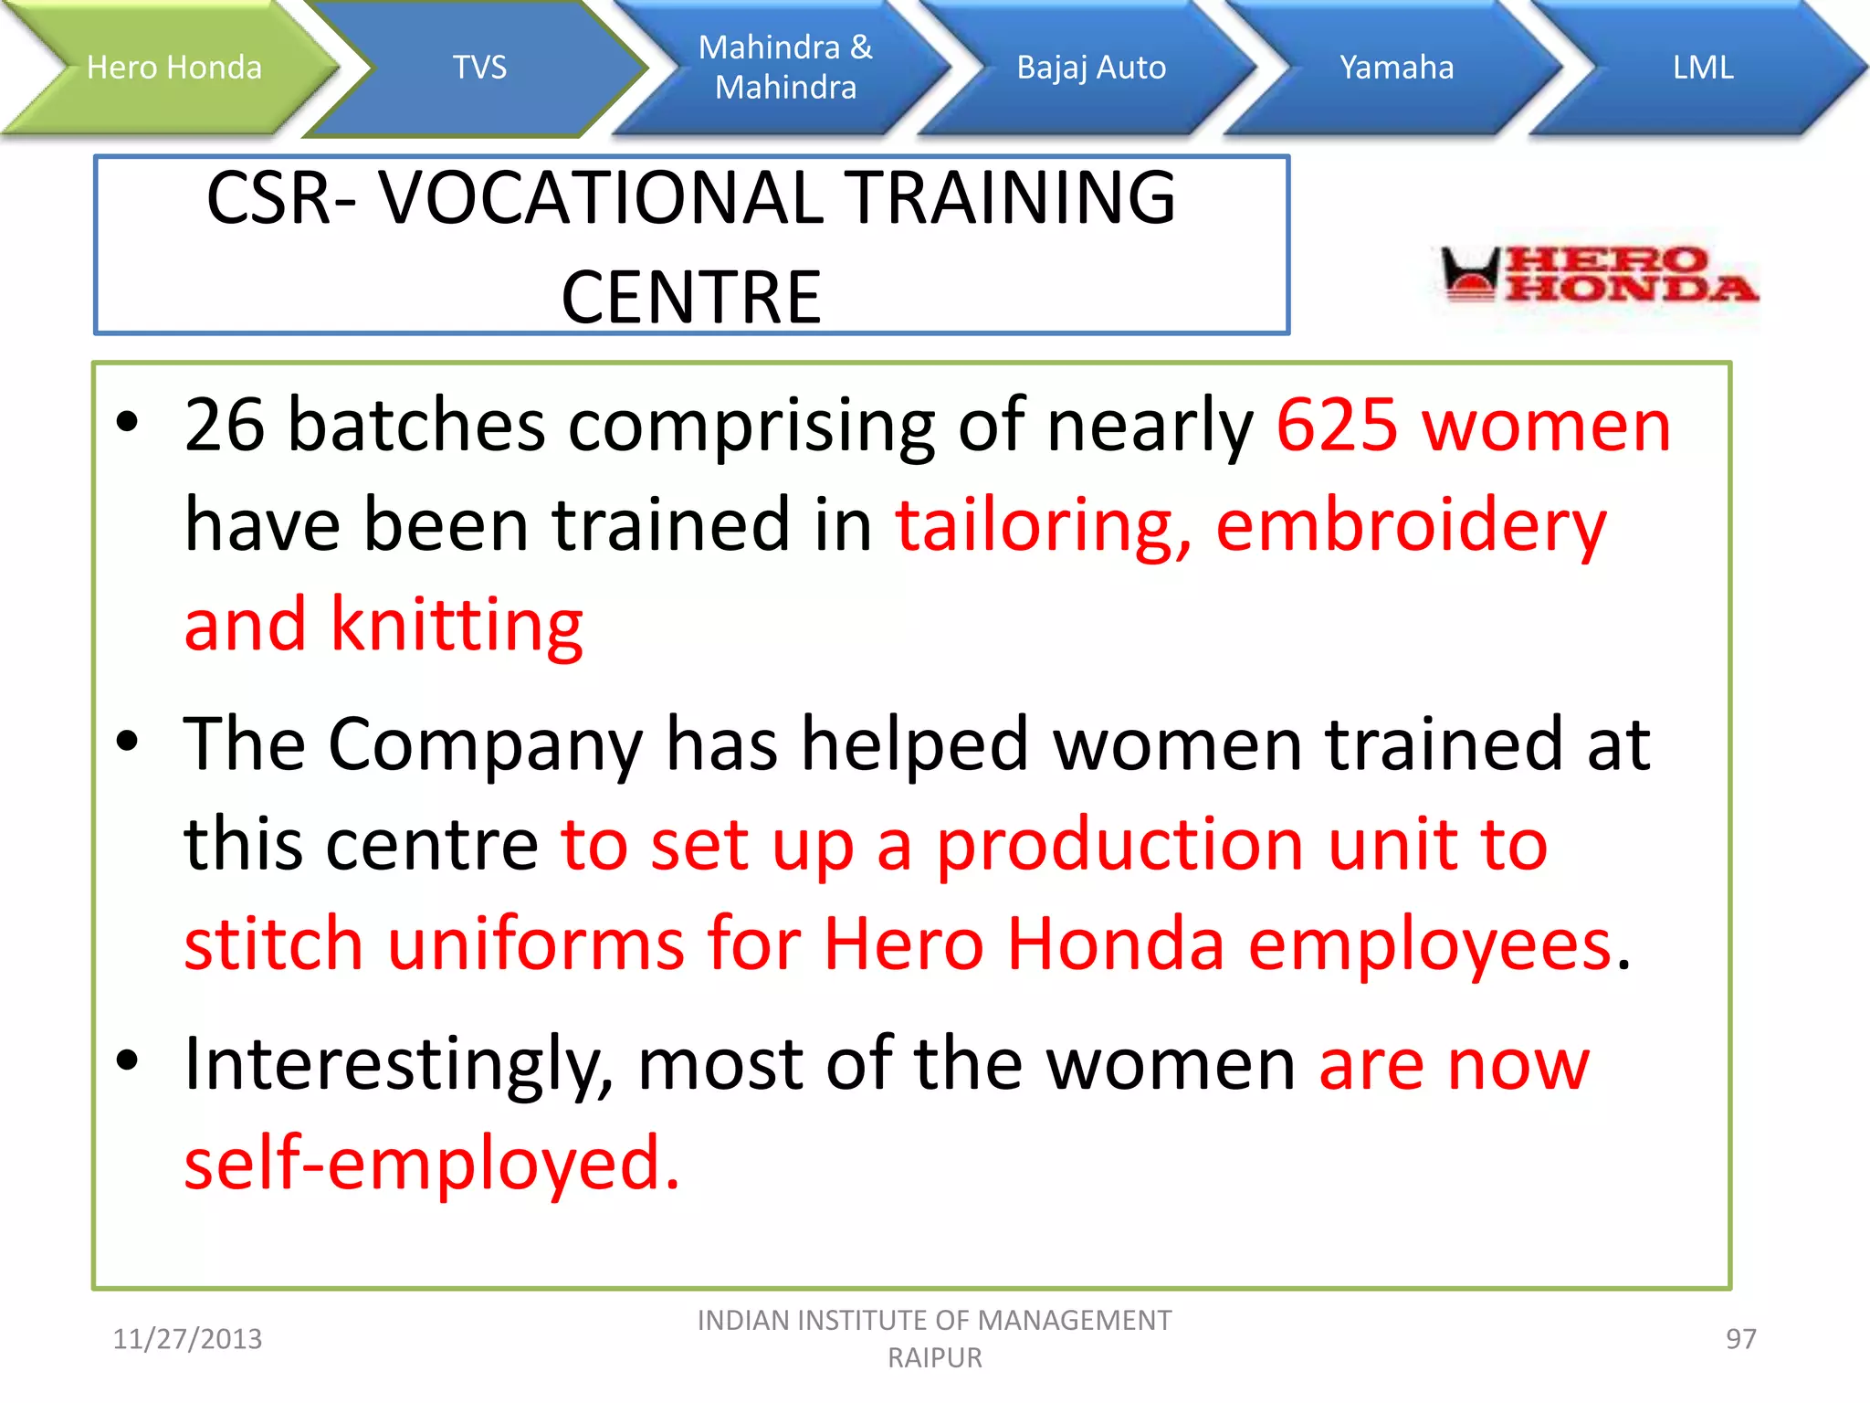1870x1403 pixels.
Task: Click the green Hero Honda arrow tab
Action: (173, 68)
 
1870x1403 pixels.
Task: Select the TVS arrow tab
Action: (479, 68)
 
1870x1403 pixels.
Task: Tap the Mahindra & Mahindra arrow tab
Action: (785, 68)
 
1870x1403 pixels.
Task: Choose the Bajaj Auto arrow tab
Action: (1091, 68)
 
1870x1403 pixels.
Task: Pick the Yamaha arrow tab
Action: (1396, 68)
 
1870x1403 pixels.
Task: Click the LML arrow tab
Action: (1703, 68)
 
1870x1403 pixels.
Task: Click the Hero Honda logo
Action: (1598, 274)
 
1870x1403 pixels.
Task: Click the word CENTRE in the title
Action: (691, 298)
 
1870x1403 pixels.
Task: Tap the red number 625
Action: (1336, 426)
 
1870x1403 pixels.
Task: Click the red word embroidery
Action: (1411, 526)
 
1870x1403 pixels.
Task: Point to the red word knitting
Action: (457, 625)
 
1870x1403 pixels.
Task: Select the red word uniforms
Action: (535, 944)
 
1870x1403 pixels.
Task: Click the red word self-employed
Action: (431, 1164)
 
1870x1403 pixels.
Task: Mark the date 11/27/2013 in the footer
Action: (187, 1339)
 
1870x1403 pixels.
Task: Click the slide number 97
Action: (1740, 1339)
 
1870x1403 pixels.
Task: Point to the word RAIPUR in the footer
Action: (935, 1358)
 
